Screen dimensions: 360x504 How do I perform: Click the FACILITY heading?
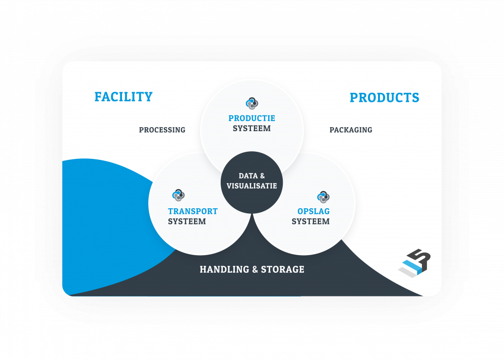[x=123, y=97]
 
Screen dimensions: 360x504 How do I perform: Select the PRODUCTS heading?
[x=384, y=98]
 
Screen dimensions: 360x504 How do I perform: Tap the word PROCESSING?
[x=162, y=130]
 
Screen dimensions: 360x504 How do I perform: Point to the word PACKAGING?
[x=351, y=130]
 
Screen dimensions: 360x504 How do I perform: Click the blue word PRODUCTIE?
[x=251, y=118]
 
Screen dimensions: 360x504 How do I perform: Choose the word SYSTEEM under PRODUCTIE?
[x=251, y=129]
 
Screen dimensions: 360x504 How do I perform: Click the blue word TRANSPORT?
[x=193, y=211]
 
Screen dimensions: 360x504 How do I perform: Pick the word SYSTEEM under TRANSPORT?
[x=187, y=221]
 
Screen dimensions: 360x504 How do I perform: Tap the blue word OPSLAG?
[x=313, y=211]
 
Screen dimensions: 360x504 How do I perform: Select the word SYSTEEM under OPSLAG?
[x=310, y=221]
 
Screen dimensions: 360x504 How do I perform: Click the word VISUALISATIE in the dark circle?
[x=252, y=186]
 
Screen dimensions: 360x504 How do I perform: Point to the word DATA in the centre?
[x=248, y=176]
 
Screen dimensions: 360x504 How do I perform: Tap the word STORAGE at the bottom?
[x=283, y=269]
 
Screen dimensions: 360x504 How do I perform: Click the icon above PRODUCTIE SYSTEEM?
[x=252, y=103]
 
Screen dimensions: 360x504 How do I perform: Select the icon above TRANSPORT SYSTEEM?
[x=178, y=195]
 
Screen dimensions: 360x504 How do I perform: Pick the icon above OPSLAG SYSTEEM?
[x=323, y=196]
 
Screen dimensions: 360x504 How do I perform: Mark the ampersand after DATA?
[x=262, y=176]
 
